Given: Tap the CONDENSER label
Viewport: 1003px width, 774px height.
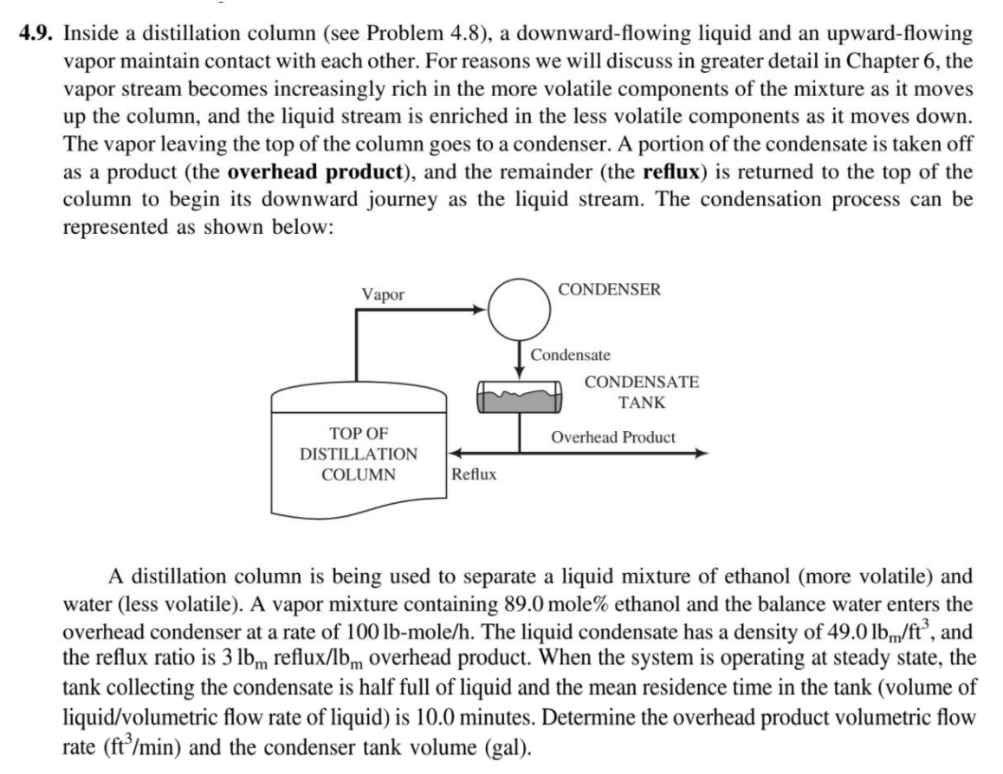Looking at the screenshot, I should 610,289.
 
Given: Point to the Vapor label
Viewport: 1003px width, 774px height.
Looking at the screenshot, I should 383,294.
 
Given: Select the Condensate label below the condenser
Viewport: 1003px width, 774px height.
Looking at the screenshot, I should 571,355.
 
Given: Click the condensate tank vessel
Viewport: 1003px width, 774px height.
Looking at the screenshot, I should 519,398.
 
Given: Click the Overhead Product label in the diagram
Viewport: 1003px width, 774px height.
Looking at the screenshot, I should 613,437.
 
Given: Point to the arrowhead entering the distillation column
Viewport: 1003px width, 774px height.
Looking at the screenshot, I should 453,452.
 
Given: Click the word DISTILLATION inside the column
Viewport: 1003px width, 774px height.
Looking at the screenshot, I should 359,454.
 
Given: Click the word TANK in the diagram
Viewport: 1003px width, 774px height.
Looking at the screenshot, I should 642,403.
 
